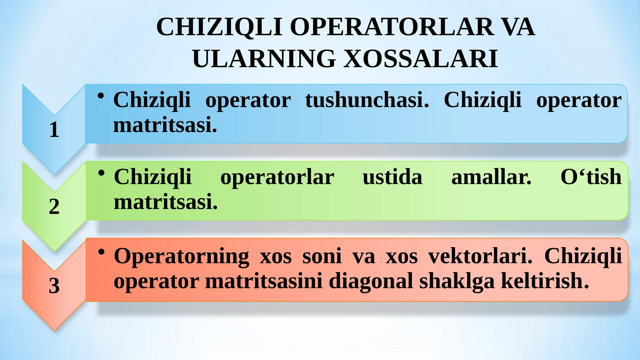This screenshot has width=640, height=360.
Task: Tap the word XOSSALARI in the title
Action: pos(421,59)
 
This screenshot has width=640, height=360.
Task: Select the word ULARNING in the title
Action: pos(264,59)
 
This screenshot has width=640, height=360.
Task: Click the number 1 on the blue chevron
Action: pos(54,130)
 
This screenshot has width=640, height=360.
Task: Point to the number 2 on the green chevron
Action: pos(54,206)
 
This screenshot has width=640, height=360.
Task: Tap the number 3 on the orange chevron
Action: pos(54,286)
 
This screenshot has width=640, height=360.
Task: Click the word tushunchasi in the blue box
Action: pos(367,100)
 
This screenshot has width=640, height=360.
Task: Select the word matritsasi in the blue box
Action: pos(165,125)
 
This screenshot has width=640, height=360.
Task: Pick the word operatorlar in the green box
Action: pos(277,177)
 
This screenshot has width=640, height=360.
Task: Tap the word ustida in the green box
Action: pos(392,177)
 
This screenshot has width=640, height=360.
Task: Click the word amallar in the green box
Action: pos(491,177)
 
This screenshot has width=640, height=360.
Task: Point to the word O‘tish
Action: pos(591,177)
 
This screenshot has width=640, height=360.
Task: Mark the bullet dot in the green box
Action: pos(102,172)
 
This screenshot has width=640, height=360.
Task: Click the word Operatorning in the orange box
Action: pos(181,257)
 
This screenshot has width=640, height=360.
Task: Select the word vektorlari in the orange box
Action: pos(480,256)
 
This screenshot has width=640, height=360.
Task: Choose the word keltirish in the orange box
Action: pos(544,281)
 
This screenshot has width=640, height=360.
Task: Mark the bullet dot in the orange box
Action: pos(102,252)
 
